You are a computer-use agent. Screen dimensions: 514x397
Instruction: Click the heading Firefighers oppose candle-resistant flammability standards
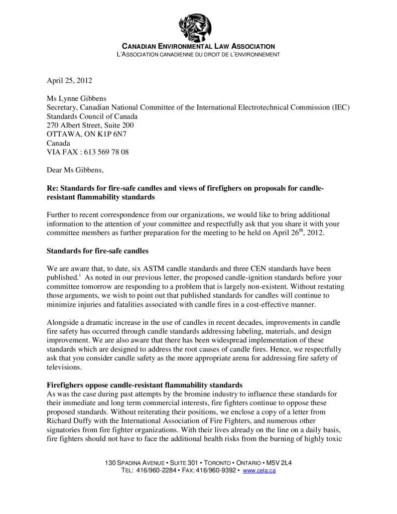[x=145, y=385]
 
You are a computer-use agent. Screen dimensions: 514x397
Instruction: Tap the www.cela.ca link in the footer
[x=259, y=470]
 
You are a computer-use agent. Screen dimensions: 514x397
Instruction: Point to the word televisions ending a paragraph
[x=65, y=367]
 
